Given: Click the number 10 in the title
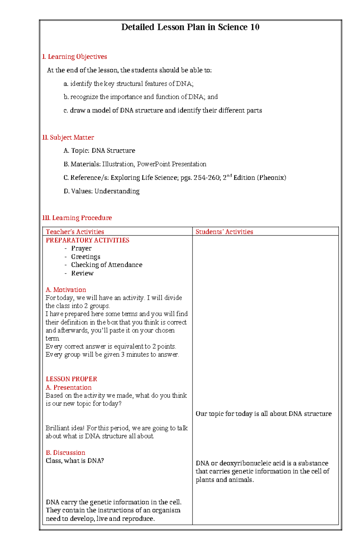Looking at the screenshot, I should click(255, 27).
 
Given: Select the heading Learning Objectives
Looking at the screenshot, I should click(77, 57).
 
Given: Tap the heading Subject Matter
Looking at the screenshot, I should click(72, 137).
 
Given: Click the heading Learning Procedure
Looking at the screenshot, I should click(82, 218).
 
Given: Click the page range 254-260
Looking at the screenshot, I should click(207, 177).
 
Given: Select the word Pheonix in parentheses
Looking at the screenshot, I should click(271, 177).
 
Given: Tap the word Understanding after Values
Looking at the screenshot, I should click(117, 191).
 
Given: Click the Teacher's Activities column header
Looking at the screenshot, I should click(75, 232).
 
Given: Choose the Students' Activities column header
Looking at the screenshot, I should click(224, 232).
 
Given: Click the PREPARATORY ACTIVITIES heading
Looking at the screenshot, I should click(87, 240).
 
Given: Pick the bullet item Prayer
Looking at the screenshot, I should click(81, 248).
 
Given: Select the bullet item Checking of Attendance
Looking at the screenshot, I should click(106, 265).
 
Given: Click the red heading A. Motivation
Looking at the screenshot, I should click(66, 290).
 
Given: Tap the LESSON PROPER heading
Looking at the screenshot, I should click(71, 379).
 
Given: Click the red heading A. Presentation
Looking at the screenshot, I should click(69, 387).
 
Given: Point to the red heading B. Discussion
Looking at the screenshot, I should click(65, 452).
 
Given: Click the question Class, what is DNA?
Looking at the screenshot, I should click(75, 460).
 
